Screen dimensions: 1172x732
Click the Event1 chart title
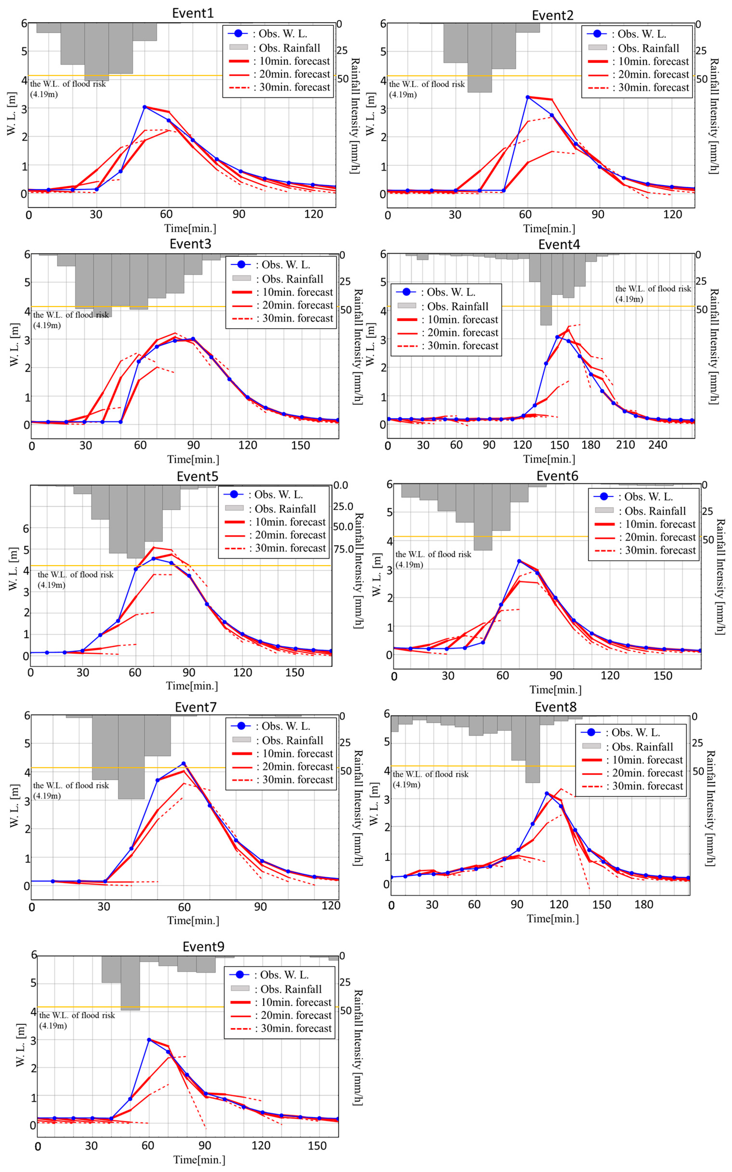point(193,13)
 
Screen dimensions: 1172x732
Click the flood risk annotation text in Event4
point(653,294)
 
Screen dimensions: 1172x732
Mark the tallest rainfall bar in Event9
point(130,983)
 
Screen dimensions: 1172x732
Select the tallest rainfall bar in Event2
point(479,58)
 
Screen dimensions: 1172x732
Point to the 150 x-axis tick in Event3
point(300,446)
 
